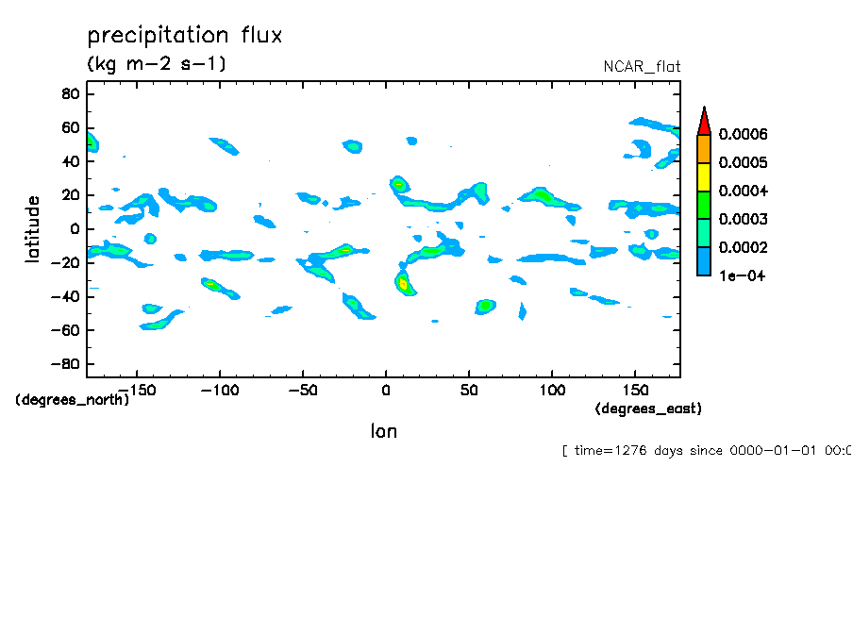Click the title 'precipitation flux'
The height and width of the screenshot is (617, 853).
(185, 36)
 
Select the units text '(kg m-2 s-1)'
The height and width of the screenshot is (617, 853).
(157, 64)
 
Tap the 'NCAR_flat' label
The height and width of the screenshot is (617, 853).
(642, 67)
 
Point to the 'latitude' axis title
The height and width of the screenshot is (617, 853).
(33, 229)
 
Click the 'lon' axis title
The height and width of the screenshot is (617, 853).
(383, 432)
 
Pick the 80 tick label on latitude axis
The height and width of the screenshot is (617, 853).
(70, 93)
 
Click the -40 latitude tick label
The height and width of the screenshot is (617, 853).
(65, 296)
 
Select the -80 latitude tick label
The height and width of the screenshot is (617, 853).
(65, 364)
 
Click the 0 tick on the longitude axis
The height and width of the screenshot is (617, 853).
(385, 389)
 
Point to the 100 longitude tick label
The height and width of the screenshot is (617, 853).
(552, 389)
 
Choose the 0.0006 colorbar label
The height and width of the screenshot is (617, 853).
(743, 135)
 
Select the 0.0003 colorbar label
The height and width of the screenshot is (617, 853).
(743, 220)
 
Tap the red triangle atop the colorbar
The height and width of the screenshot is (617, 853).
(703, 122)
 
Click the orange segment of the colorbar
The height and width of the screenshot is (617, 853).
(703, 149)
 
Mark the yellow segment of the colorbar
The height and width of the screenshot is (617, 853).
(703, 177)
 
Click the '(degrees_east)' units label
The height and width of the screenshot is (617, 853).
(648, 409)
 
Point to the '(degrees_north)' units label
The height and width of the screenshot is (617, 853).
(73, 399)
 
